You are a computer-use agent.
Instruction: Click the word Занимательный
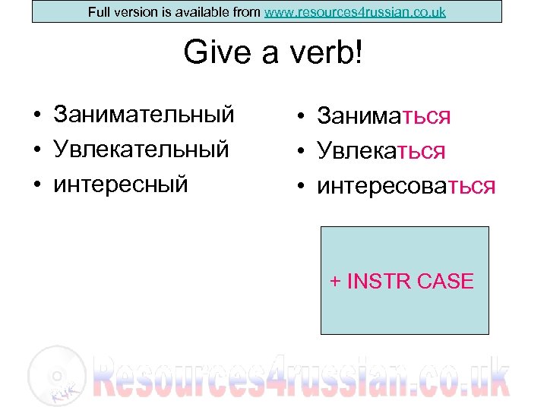pos(144,115)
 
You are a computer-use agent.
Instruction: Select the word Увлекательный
pos(141,149)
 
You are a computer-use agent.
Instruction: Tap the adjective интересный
pos(121,183)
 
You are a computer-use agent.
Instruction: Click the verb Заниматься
pos(384,116)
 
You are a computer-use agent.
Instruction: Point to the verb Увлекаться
pos(381,150)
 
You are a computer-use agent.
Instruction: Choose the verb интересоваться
pos(406,185)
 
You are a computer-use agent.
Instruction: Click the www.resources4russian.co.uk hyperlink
pos(355,12)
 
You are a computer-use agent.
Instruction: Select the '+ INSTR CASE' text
pos(402,282)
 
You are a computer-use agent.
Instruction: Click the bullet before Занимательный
pos(36,115)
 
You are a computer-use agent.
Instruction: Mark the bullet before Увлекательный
pos(36,150)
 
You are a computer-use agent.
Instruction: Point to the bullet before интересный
pos(36,184)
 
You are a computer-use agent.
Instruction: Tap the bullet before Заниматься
pos(302,118)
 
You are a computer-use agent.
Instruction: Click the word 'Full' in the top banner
pos(99,12)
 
